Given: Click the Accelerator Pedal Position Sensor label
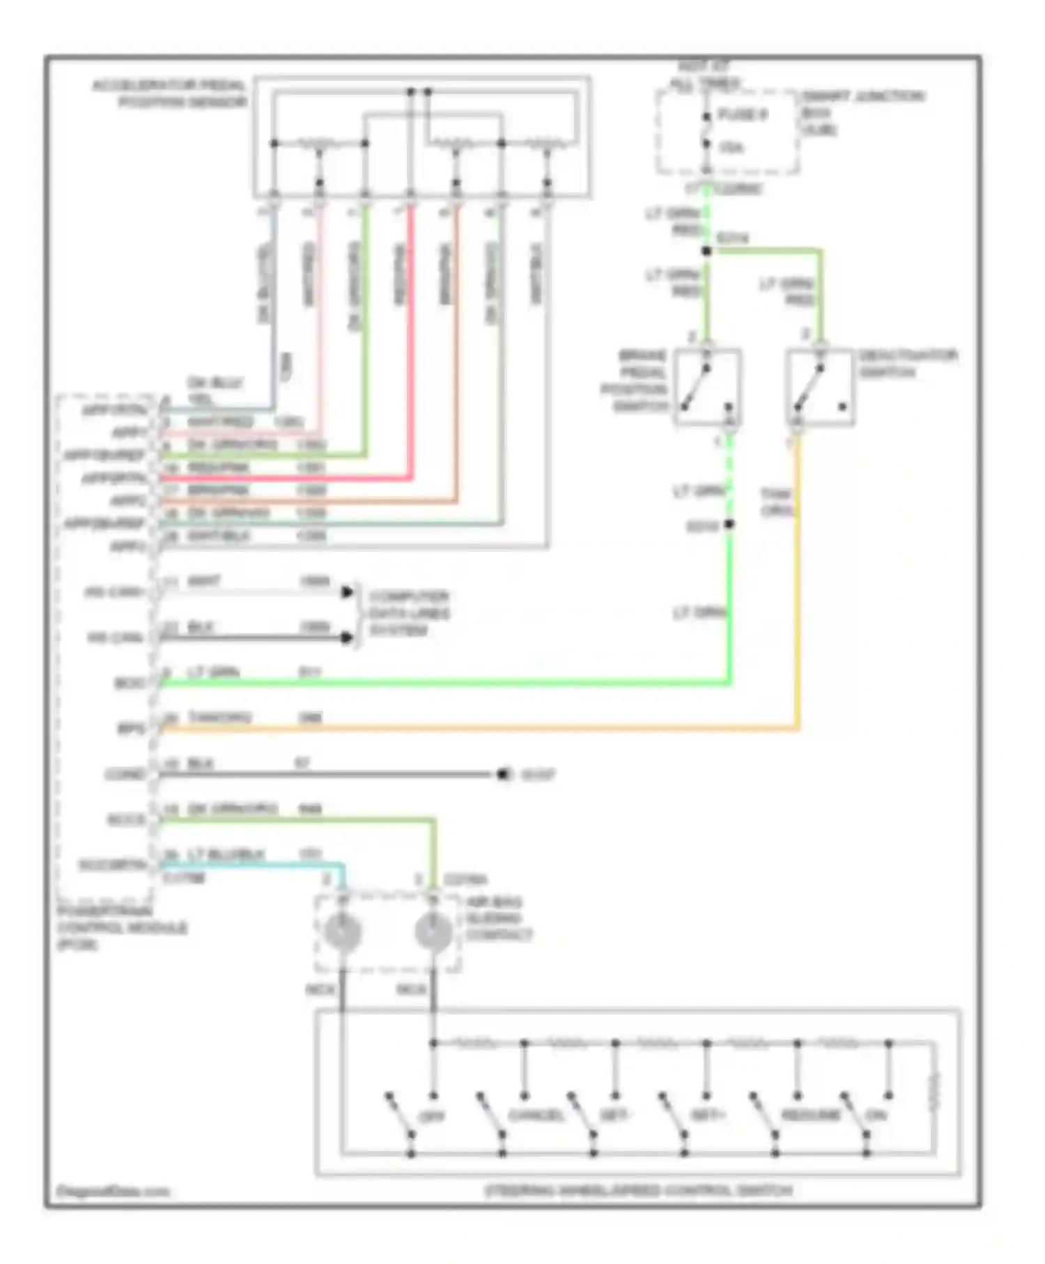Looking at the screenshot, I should click(169, 94).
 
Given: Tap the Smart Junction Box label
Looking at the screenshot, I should click(862, 111).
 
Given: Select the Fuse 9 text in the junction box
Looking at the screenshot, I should click(742, 114).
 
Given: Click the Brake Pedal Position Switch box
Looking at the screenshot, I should click(707, 387).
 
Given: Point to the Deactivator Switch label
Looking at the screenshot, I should click(908, 363).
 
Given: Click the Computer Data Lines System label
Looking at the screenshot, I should click(409, 613).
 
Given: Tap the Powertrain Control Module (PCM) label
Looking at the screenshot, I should click(123, 927).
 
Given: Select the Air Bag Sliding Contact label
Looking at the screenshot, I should click(499, 918).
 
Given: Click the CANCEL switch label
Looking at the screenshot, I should click(536, 1115).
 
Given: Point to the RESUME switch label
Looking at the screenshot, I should click(811, 1115).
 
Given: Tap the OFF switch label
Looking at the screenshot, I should click(431, 1116).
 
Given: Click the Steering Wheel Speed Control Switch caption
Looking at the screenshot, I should click(638, 1190).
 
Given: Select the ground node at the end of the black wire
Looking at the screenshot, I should click(504, 774).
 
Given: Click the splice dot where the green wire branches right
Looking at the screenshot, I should click(706, 251).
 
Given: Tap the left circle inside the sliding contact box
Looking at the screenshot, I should click(342, 932).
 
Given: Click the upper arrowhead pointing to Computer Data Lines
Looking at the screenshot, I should click(347, 592).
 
